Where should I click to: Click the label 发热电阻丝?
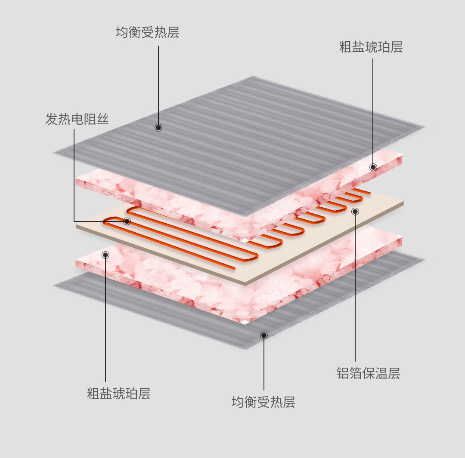tap(77, 119)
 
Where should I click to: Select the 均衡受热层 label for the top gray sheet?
tap(147, 32)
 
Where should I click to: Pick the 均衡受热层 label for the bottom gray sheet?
tap(263, 402)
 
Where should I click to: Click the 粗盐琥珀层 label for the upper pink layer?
tap(371, 47)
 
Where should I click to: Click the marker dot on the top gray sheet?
tap(158, 128)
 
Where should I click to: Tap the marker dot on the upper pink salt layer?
tap(373, 167)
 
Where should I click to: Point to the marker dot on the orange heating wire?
tap(127, 221)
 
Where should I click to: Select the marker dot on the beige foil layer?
tap(355, 212)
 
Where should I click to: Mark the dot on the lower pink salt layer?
tap(105, 255)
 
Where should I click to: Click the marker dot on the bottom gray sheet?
tap(264, 335)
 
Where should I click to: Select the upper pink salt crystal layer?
tap(172, 194)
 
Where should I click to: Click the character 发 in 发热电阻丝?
tap(52, 119)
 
